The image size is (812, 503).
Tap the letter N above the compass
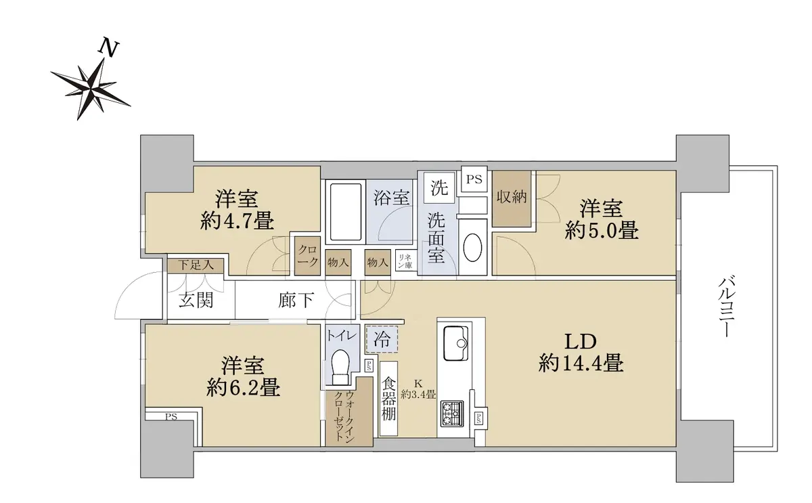click(x=110, y=47)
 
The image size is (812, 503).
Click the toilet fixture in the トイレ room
click(x=340, y=367)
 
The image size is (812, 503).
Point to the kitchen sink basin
click(x=456, y=343)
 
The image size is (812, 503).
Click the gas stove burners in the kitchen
click(x=452, y=414)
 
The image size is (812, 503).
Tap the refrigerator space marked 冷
click(x=382, y=339)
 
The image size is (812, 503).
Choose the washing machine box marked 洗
click(x=439, y=187)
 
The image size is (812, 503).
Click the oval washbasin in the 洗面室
click(x=472, y=247)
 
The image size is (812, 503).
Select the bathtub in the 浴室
click(x=346, y=212)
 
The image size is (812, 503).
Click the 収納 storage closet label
click(x=511, y=197)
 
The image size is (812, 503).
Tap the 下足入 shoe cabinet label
click(x=196, y=265)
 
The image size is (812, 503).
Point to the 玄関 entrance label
click(x=196, y=301)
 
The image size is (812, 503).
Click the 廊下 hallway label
click(x=296, y=301)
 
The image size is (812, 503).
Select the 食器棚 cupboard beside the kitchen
click(x=388, y=398)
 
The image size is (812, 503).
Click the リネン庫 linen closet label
click(x=405, y=261)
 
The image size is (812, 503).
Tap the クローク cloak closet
click(x=307, y=256)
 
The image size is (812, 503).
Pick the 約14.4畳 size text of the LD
click(x=581, y=363)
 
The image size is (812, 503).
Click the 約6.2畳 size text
click(x=243, y=387)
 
